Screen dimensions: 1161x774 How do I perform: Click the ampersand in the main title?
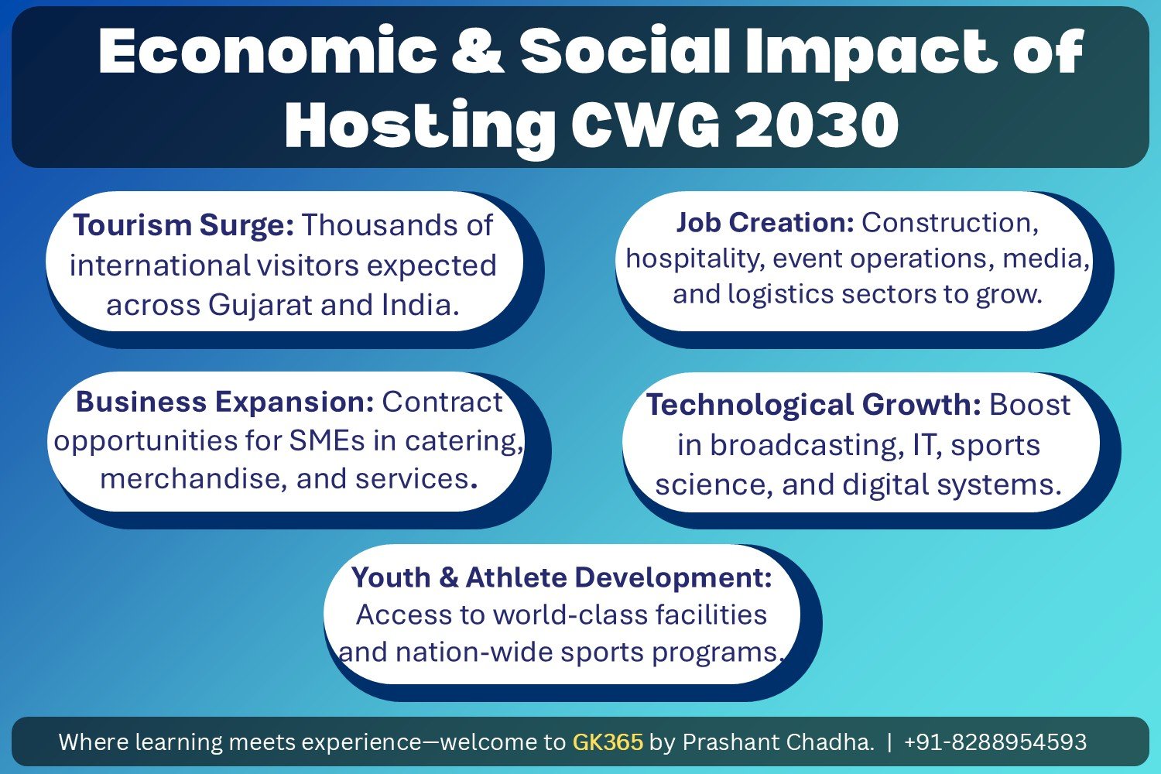pyautogui.click(x=478, y=51)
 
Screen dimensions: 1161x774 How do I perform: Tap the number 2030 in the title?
pyautogui.click(x=817, y=125)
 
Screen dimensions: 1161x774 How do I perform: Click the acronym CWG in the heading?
pyautogui.click(x=646, y=125)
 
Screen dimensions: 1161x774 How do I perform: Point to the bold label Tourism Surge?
pyautogui.click(x=184, y=225)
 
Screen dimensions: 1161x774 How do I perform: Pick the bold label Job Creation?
pyautogui.click(x=765, y=223)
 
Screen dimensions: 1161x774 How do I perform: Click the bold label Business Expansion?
pyautogui.click(x=225, y=402)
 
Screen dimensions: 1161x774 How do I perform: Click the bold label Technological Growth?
pyautogui.click(x=813, y=404)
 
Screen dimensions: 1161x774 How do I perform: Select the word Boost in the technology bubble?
pyautogui.click(x=1030, y=404)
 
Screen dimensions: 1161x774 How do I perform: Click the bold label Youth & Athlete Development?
pyautogui.click(x=562, y=577)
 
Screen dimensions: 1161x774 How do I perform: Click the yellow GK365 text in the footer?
pyautogui.click(x=608, y=741)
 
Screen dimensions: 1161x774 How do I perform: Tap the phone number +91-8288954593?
pyautogui.click(x=995, y=741)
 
